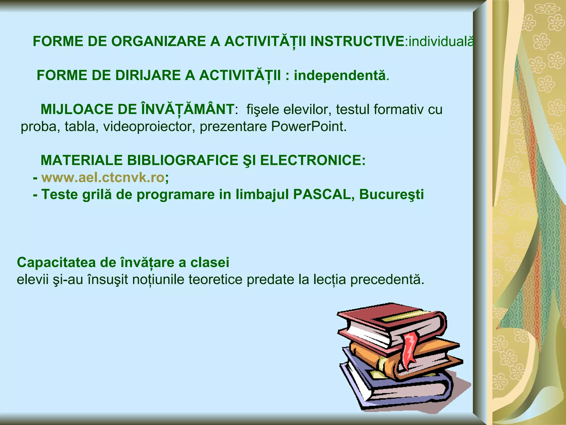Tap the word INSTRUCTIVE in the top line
coord(357,42)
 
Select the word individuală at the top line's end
coord(441,42)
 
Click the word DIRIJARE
coord(148,76)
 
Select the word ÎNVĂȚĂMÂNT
coord(188,109)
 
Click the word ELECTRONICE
coord(312,160)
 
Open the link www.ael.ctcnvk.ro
coord(103,178)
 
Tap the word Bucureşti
coord(391,195)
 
